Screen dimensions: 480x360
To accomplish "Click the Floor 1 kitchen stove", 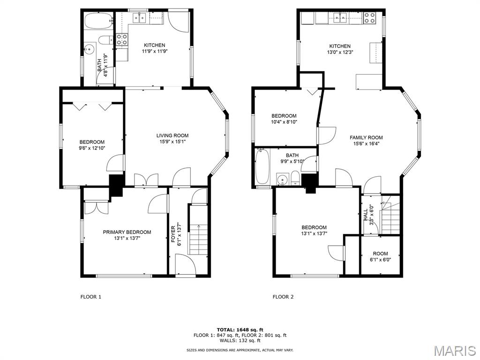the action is click(122, 39).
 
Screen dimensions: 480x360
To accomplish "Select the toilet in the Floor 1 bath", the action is click(106, 40).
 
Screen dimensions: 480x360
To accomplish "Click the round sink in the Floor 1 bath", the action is click(90, 49).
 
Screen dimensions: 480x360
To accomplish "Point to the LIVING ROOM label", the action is click(172, 135).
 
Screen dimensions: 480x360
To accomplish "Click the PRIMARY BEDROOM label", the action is click(127, 232).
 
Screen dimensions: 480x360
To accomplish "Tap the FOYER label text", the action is click(173, 234).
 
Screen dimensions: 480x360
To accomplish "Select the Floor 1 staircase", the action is click(198, 230).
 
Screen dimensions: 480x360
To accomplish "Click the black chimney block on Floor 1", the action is click(116, 185).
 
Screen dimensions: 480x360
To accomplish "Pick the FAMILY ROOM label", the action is click(366, 137).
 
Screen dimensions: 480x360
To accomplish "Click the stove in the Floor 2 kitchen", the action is click(369, 18).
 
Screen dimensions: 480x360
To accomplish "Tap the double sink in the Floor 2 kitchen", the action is click(340, 18).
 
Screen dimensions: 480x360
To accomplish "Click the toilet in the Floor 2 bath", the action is click(295, 179).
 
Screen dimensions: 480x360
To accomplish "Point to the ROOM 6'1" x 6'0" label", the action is click(380, 256).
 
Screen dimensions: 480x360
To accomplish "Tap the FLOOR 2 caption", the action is click(283, 297).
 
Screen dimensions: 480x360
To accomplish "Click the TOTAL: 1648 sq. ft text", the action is click(240, 330).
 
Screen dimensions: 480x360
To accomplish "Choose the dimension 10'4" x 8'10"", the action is click(284, 122).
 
